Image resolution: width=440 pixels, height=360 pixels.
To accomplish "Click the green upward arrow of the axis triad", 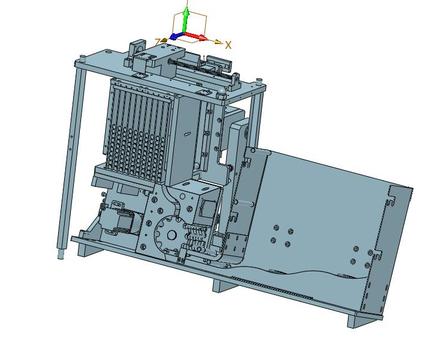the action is pos(186,21).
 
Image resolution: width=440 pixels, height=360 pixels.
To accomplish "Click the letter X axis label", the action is pos(228,45).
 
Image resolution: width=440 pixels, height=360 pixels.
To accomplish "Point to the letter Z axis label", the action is pos(158,42).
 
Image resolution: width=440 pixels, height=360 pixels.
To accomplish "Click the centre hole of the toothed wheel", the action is pos(171,235).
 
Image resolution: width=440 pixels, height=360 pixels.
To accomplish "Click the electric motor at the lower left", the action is pos(117,221).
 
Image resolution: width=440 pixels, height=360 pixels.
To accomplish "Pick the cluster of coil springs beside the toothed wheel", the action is pos(197,237).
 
